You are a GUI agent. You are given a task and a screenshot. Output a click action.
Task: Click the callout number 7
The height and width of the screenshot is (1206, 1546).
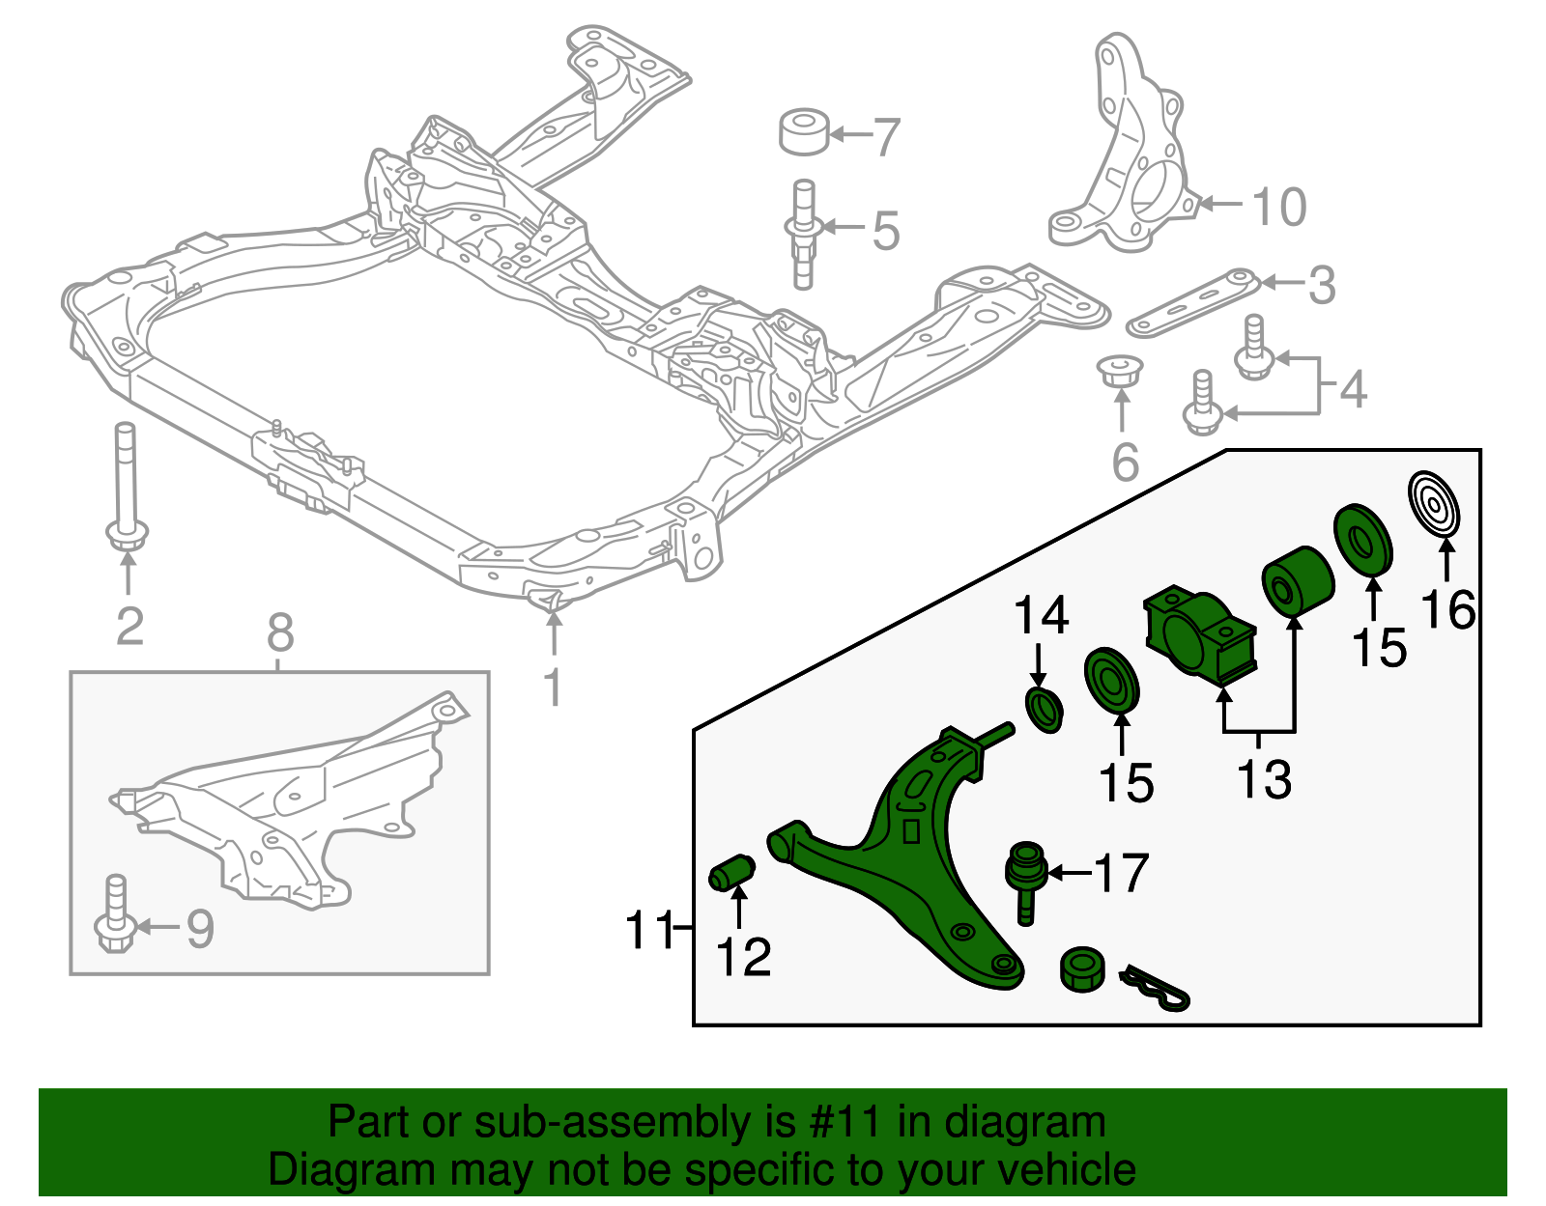[x=887, y=137]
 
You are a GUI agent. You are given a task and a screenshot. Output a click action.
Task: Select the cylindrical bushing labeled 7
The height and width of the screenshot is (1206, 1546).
[x=804, y=132]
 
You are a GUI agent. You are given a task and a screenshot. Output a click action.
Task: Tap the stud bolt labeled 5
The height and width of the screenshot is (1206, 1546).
[x=803, y=234]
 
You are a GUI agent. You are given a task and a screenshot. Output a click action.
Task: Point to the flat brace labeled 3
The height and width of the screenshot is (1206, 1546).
[x=1193, y=303]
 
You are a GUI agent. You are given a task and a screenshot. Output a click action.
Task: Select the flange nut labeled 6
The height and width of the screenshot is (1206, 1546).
[x=1120, y=371]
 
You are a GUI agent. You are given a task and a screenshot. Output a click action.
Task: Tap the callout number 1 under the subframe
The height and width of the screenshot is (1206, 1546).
[x=553, y=687]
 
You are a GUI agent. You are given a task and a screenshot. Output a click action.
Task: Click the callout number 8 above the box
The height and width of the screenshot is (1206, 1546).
[x=279, y=634]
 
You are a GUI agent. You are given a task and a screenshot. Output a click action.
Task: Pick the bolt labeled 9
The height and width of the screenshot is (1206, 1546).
[x=115, y=913]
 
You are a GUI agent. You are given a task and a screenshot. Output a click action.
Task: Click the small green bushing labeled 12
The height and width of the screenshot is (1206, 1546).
[x=732, y=872]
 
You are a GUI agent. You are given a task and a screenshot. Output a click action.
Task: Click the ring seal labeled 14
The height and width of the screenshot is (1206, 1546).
[x=1043, y=711]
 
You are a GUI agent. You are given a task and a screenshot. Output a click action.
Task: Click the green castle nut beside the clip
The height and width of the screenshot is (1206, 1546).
[x=1082, y=968]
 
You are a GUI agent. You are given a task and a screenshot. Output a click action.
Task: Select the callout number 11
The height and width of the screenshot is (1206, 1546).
[x=649, y=930]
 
